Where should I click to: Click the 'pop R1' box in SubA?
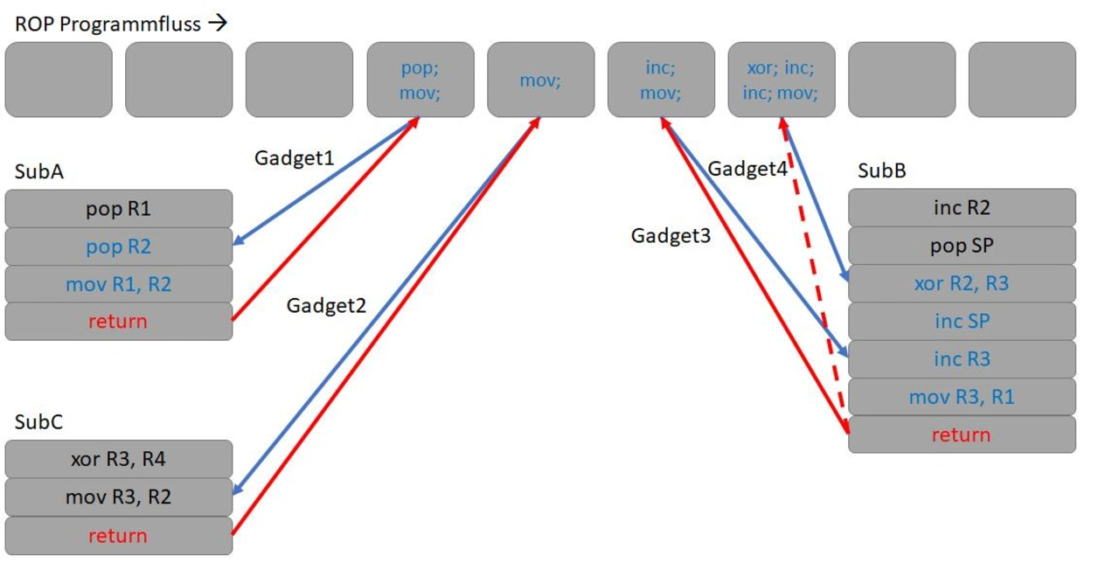[x=118, y=209]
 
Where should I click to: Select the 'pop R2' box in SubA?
[x=118, y=247]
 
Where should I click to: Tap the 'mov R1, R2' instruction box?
[x=118, y=284]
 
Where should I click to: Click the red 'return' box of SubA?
[x=118, y=321]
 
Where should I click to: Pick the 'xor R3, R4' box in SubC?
[x=118, y=459]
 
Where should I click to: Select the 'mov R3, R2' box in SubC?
[x=118, y=497]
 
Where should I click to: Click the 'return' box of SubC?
[x=118, y=535]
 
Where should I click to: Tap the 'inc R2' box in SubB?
[x=962, y=208]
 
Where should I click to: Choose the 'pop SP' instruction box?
[x=962, y=246]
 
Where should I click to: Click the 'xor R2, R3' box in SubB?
[x=962, y=283]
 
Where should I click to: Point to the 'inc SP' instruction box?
[x=962, y=321]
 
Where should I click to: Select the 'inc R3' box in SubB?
[x=962, y=358]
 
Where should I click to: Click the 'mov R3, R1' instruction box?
[x=962, y=397]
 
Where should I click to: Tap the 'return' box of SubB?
[x=962, y=434]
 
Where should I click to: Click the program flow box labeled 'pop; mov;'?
[x=420, y=80]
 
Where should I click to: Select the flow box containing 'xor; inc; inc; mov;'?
[x=782, y=80]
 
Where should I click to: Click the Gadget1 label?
[x=294, y=158]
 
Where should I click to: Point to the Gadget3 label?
[x=671, y=235]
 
